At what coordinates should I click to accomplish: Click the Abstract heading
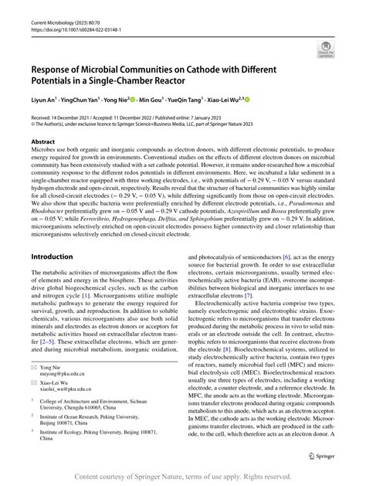click(42, 142)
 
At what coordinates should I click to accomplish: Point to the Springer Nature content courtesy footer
click(183, 477)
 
